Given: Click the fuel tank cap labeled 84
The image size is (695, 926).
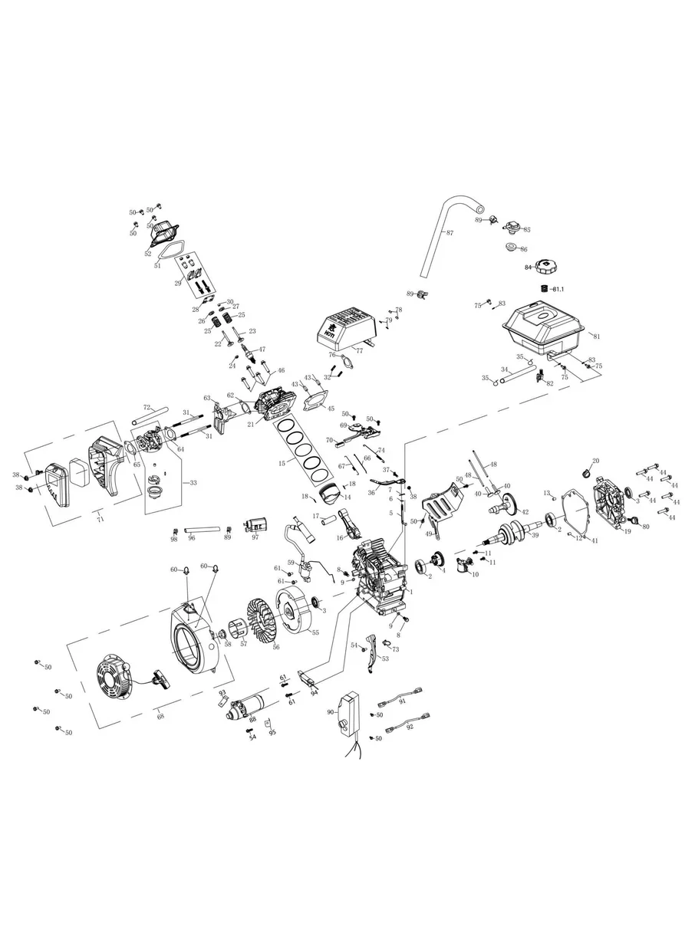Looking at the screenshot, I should (545, 266).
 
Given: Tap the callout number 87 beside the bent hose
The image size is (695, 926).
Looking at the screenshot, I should (450, 232).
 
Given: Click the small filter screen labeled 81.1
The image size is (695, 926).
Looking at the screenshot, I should (544, 288).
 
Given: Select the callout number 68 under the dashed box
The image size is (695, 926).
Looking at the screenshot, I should (160, 716).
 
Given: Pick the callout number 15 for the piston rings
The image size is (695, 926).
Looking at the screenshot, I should (282, 464).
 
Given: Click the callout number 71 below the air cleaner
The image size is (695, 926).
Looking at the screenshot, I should (100, 520).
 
